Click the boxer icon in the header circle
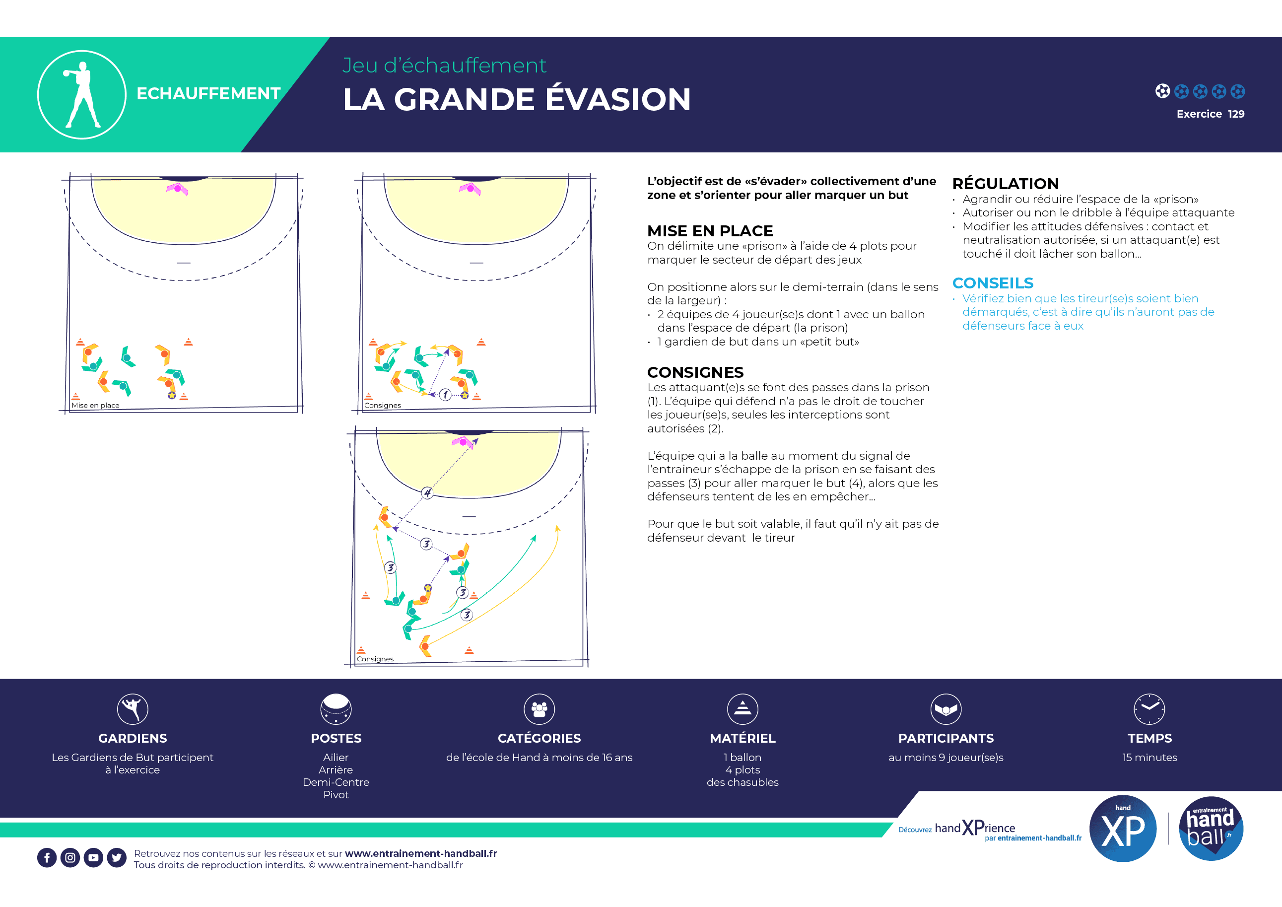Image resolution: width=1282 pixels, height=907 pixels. (81, 95)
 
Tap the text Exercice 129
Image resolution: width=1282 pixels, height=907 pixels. (1210, 114)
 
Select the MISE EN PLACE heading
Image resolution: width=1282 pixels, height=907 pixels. (710, 231)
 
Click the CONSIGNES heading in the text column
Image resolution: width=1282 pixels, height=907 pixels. (695, 372)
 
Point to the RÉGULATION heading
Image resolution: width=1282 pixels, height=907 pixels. (1005, 184)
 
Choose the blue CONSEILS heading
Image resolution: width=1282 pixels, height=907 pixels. (993, 283)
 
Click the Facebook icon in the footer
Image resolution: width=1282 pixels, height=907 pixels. (47, 858)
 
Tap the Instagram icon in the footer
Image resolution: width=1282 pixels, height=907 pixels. (70, 858)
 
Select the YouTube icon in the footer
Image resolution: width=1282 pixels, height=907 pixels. (93, 858)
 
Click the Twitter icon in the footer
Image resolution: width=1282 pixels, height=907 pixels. (117, 858)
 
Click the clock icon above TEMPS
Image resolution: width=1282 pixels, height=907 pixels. (1149, 709)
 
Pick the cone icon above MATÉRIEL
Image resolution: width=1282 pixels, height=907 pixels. (742, 709)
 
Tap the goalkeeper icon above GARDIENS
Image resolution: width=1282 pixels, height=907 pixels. (133, 709)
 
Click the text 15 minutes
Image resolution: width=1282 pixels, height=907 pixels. (1149, 758)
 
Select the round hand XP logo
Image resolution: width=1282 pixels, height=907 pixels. (1123, 828)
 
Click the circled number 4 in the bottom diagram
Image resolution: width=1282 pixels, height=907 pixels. (427, 492)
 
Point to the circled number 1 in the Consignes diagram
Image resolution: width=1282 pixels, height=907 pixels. (445, 395)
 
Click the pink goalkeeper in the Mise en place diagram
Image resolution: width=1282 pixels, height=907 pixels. (177, 189)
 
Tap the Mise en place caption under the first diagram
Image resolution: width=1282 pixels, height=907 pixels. (95, 406)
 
